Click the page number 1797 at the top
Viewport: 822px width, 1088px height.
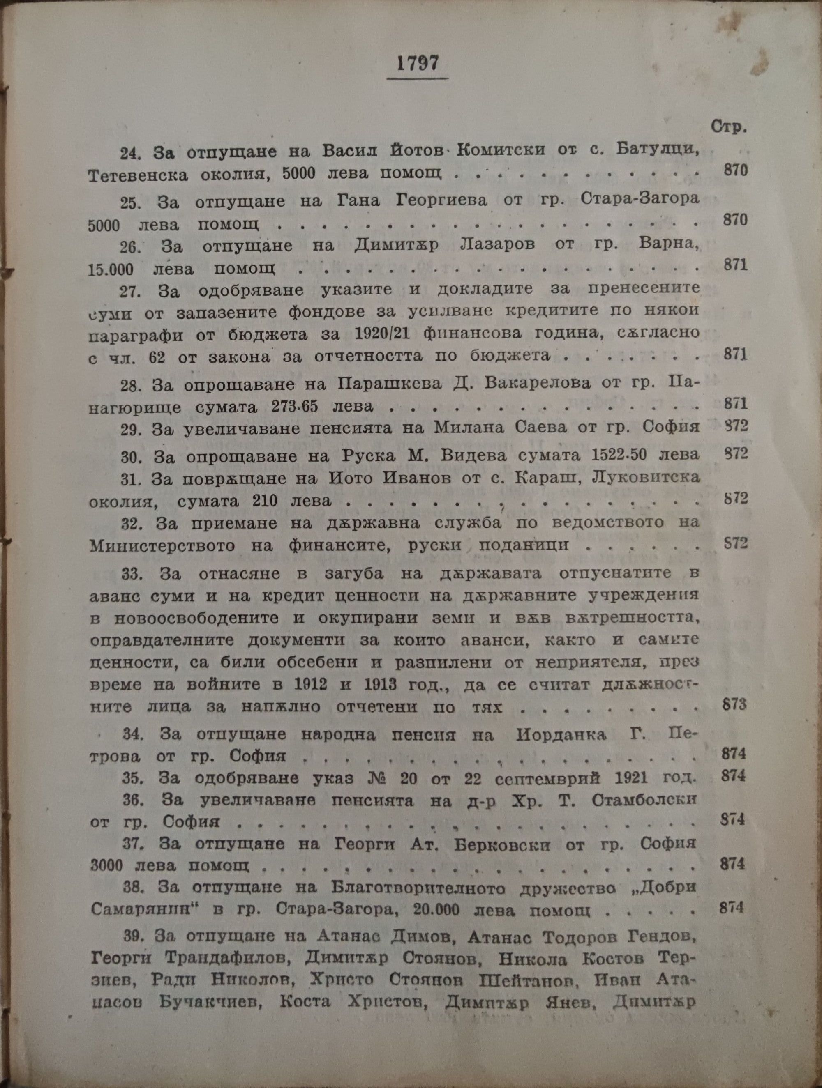click(x=418, y=64)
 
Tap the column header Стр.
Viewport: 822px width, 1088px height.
click(x=728, y=127)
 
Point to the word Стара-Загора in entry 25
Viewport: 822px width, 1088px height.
click(x=640, y=199)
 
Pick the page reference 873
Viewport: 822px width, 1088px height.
click(x=734, y=704)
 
